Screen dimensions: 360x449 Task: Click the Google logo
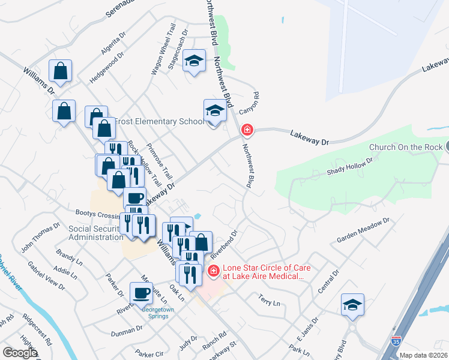[20, 353]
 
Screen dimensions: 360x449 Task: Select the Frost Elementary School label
[157, 122]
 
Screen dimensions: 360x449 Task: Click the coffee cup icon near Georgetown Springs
[141, 293]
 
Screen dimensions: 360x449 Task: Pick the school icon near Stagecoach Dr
[194, 61]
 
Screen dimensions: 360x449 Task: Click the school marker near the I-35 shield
[352, 304]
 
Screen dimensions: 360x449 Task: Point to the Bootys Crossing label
[98, 212]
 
